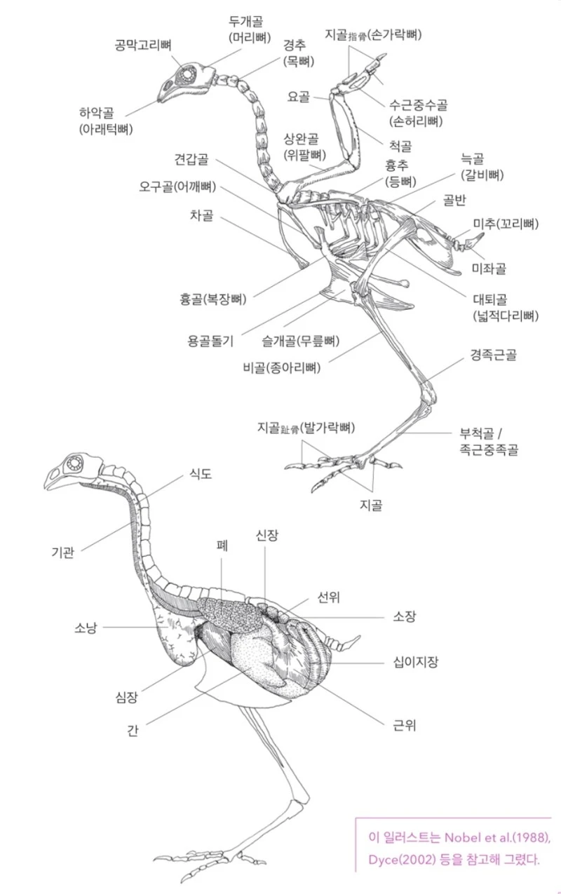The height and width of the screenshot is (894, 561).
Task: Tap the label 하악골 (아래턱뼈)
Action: pos(106,120)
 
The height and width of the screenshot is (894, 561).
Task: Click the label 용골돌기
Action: pos(210,341)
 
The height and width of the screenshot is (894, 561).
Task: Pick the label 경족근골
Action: pos(494,355)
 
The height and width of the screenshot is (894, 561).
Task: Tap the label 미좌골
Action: pos(489,268)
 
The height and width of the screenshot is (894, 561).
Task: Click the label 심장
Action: pos(126,696)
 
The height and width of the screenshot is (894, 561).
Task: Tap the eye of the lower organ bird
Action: pos(73,463)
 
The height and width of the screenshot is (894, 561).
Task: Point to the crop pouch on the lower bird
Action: pos(174,639)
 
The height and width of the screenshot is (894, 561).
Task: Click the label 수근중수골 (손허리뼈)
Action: pos(419,112)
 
